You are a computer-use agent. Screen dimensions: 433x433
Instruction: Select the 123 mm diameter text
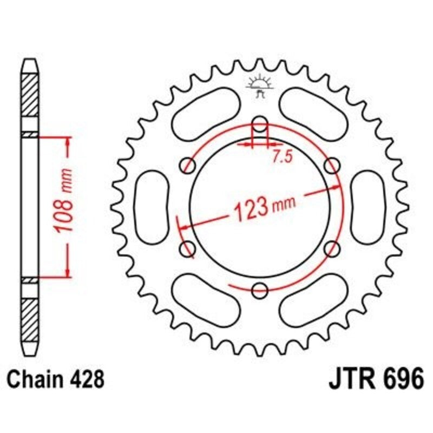259,208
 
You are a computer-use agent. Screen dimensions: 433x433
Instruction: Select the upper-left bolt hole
188,165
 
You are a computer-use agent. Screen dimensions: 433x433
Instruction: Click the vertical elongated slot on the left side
152,206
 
